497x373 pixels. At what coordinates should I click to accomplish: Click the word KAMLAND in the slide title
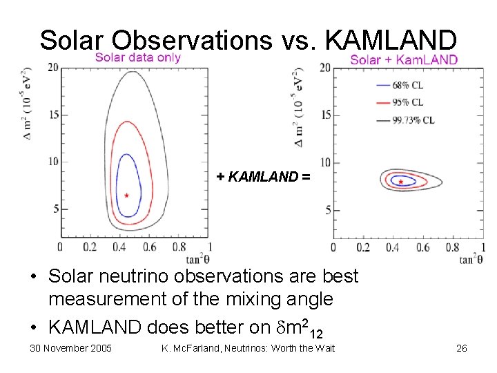[x=390, y=40]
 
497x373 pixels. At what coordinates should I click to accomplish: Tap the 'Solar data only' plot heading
[x=137, y=57]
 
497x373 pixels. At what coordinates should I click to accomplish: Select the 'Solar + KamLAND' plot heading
[x=403, y=59]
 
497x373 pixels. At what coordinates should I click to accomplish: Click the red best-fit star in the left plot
[x=126, y=195]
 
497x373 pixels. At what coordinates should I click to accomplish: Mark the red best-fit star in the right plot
[x=401, y=182]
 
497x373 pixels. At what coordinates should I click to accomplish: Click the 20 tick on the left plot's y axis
[x=52, y=68]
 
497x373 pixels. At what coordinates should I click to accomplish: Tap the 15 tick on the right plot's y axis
[x=326, y=115]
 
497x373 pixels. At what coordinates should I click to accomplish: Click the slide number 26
[x=461, y=348]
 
